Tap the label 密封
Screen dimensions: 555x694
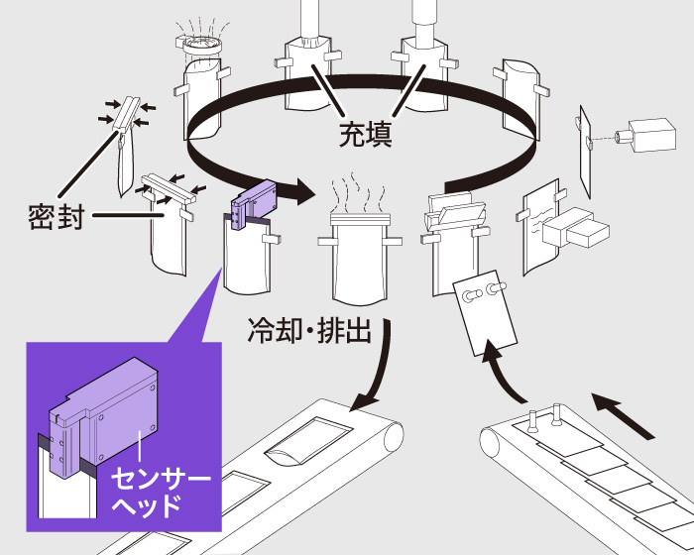pos(56,216)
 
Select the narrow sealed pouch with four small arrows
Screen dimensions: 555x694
pos(123,149)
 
